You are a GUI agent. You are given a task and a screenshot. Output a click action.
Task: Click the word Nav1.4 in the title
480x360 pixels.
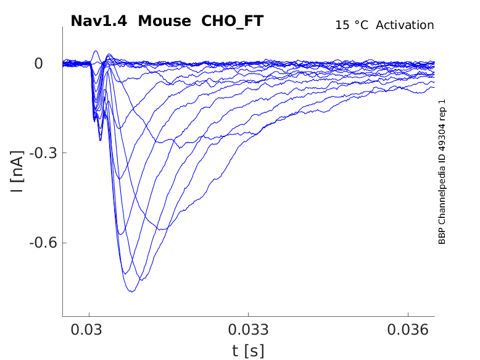point(99,21)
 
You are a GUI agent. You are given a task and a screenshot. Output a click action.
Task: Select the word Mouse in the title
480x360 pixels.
point(164,21)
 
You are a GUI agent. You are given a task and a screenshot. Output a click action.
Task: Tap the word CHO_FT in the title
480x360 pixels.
point(233,21)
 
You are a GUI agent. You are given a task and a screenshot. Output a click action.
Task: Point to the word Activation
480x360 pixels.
point(405,25)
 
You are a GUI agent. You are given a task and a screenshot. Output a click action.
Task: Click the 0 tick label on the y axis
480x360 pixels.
point(38,64)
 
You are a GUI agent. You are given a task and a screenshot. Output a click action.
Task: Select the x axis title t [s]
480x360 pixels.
point(248,351)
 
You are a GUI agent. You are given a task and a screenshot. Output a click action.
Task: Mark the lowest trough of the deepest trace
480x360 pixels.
point(131,291)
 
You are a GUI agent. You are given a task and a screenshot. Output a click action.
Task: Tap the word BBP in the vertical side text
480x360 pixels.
point(442,237)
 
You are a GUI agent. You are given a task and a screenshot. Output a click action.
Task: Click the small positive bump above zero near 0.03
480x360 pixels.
point(96,52)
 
